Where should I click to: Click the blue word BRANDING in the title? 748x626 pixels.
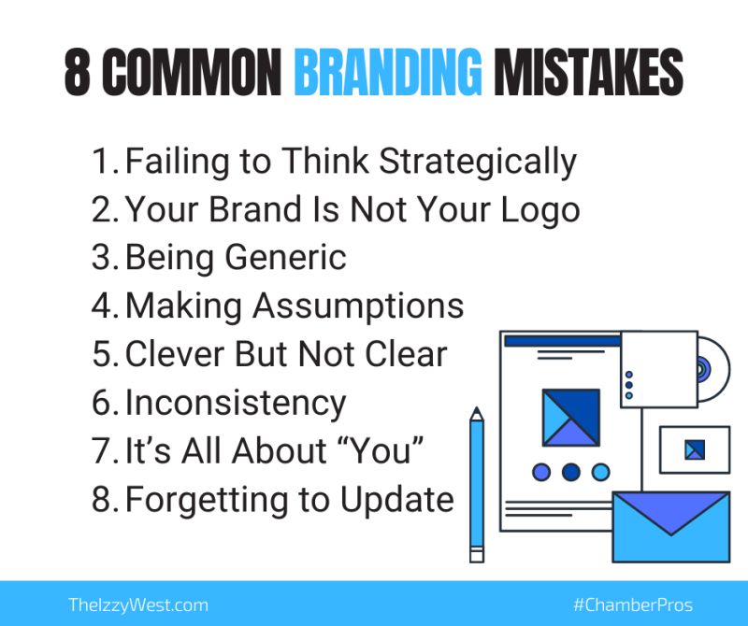pyautogui.click(x=388, y=72)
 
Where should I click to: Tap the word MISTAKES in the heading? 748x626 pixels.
pyautogui.click(x=588, y=72)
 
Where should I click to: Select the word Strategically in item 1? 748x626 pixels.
pyautogui.click(x=478, y=162)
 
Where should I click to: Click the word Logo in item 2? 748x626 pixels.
pyautogui.click(x=540, y=211)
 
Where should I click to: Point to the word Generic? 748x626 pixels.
pyautogui.click(x=285, y=259)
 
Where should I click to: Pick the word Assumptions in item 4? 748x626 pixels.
pyautogui.click(x=358, y=306)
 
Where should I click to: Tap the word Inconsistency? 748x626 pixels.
pyautogui.click(x=236, y=404)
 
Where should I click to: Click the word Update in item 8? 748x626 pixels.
pyautogui.click(x=396, y=500)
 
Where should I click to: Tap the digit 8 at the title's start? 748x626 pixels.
pyautogui.click(x=78, y=72)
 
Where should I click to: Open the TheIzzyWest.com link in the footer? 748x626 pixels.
pyautogui.click(x=138, y=605)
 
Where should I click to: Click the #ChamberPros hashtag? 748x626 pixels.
pyautogui.click(x=633, y=605)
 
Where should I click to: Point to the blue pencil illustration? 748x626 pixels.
pyautogui.click(x=477, y=485)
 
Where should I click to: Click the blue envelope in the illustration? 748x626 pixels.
pyautogui.click(x=671, y=527)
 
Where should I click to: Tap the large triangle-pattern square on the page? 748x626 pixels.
pyautogui.click(x=571, y=418)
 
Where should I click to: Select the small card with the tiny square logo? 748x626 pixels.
pyautogui.click(x=695, y=449)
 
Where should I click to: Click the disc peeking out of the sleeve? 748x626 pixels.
pyautogui.click(x=714, y=369)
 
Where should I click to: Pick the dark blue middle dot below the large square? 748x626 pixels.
pyautogui.click(x=571, y=473)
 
